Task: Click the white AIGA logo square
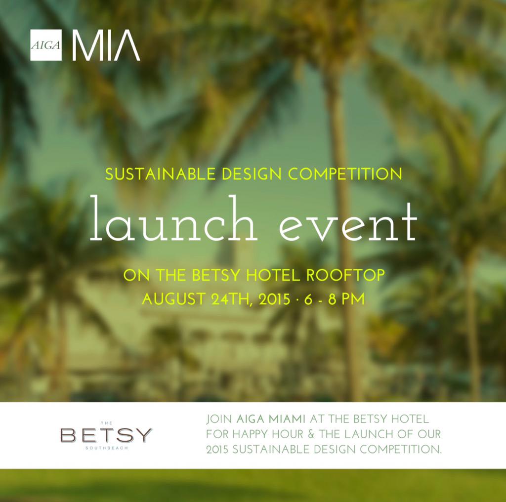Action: pos(46,45)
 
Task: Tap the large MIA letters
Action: pos(106,45)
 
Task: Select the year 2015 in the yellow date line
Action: pos(272,299)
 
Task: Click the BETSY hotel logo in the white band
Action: pos(106,435)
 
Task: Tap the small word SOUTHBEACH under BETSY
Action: pos(106,449)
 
